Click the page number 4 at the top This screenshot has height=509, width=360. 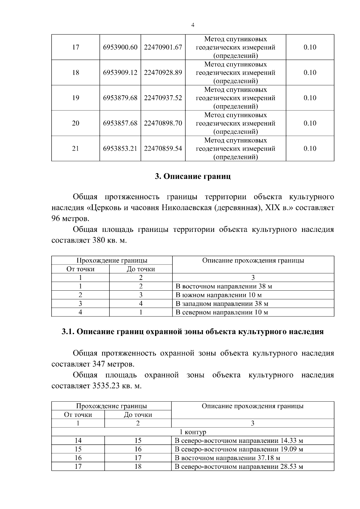(x=193, y=25)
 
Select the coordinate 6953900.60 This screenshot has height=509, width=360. (x=120, y=47)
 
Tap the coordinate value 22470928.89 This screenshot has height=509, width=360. (x=163, y=73)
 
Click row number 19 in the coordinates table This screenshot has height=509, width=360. (x=76, y=98)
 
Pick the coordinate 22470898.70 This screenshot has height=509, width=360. (x=163, y=123)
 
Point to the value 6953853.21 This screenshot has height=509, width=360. (x=120, y=148)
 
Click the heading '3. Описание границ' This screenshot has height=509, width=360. (x=193, y=176)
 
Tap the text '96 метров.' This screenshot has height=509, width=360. (x=70, y=218)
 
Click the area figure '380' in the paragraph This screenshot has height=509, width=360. (x=96, y=241)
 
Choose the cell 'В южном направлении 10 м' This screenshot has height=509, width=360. (x=219, y=295)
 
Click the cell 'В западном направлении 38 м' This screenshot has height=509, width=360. (x=222, y=304)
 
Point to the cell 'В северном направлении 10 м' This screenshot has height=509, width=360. (x=222, y=312)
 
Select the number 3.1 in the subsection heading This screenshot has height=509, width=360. (x=68, y=332)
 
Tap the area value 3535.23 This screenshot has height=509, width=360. (x=105, y=386)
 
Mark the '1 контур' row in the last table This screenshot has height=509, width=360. (x=193, y=432)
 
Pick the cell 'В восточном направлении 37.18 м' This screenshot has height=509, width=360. (x=227, y=458)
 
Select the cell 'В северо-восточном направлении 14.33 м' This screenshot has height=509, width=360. (x=239, y=441)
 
